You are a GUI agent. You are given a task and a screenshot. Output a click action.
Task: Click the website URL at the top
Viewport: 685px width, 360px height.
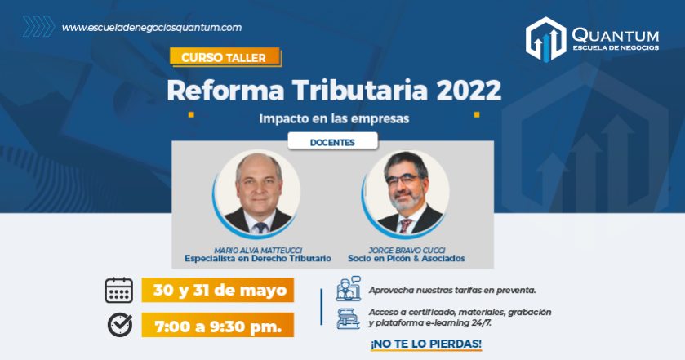click(152, 28)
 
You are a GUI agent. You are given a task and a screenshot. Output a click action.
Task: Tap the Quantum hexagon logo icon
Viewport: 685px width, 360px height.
click(546, 39)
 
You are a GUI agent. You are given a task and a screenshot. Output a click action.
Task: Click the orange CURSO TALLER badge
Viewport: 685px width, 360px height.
click(225, 57)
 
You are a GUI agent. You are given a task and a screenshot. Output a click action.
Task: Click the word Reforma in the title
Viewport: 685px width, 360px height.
click(225, 91)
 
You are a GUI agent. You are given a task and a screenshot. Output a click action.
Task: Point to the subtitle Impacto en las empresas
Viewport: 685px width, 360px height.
click(334, 119)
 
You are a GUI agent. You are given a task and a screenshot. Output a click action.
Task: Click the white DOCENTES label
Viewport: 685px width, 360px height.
click(332, 142)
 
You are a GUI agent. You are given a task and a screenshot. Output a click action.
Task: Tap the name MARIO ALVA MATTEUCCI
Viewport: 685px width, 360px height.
click(258, 251)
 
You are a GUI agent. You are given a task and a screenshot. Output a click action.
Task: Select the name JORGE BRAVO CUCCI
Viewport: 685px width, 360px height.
click(407, 251)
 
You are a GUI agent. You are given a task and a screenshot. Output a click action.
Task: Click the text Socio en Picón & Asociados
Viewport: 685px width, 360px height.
click(407, 259)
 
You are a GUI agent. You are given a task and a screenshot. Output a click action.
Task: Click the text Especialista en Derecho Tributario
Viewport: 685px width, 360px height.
click(258, 259)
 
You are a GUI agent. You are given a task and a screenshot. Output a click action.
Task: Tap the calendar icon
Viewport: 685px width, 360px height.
click(119, 290)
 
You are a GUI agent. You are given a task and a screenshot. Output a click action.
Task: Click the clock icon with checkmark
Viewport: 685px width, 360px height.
click(120, 325)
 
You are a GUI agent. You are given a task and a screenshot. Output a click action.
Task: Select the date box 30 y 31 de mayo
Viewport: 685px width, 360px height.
click(217, 290)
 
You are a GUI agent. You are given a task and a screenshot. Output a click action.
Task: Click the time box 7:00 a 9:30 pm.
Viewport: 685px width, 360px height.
click(217, 325)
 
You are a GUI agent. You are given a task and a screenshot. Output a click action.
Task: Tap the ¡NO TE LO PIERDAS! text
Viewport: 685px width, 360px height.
click(426, 344)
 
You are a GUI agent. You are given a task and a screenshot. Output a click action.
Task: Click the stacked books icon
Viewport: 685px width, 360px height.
click(348, 318)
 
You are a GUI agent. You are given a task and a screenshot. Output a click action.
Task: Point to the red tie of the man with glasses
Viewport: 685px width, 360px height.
click(405, 225)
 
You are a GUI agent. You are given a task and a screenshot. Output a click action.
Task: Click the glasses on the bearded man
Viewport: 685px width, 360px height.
click(403, 180)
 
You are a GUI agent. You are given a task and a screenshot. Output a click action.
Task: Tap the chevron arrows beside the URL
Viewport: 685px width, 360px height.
click(39, 26)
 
